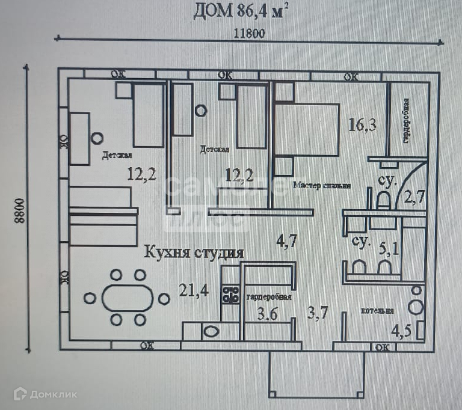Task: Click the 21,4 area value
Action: (194, 292)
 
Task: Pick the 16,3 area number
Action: (363, 124)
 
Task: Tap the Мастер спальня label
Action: (322, 185)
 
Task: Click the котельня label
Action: (377, 311)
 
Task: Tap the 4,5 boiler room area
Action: (403, 330)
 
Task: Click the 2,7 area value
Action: (414, 195)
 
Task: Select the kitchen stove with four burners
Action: (229, 294)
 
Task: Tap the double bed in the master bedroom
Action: (307, 129)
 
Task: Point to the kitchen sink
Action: (211, 331)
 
